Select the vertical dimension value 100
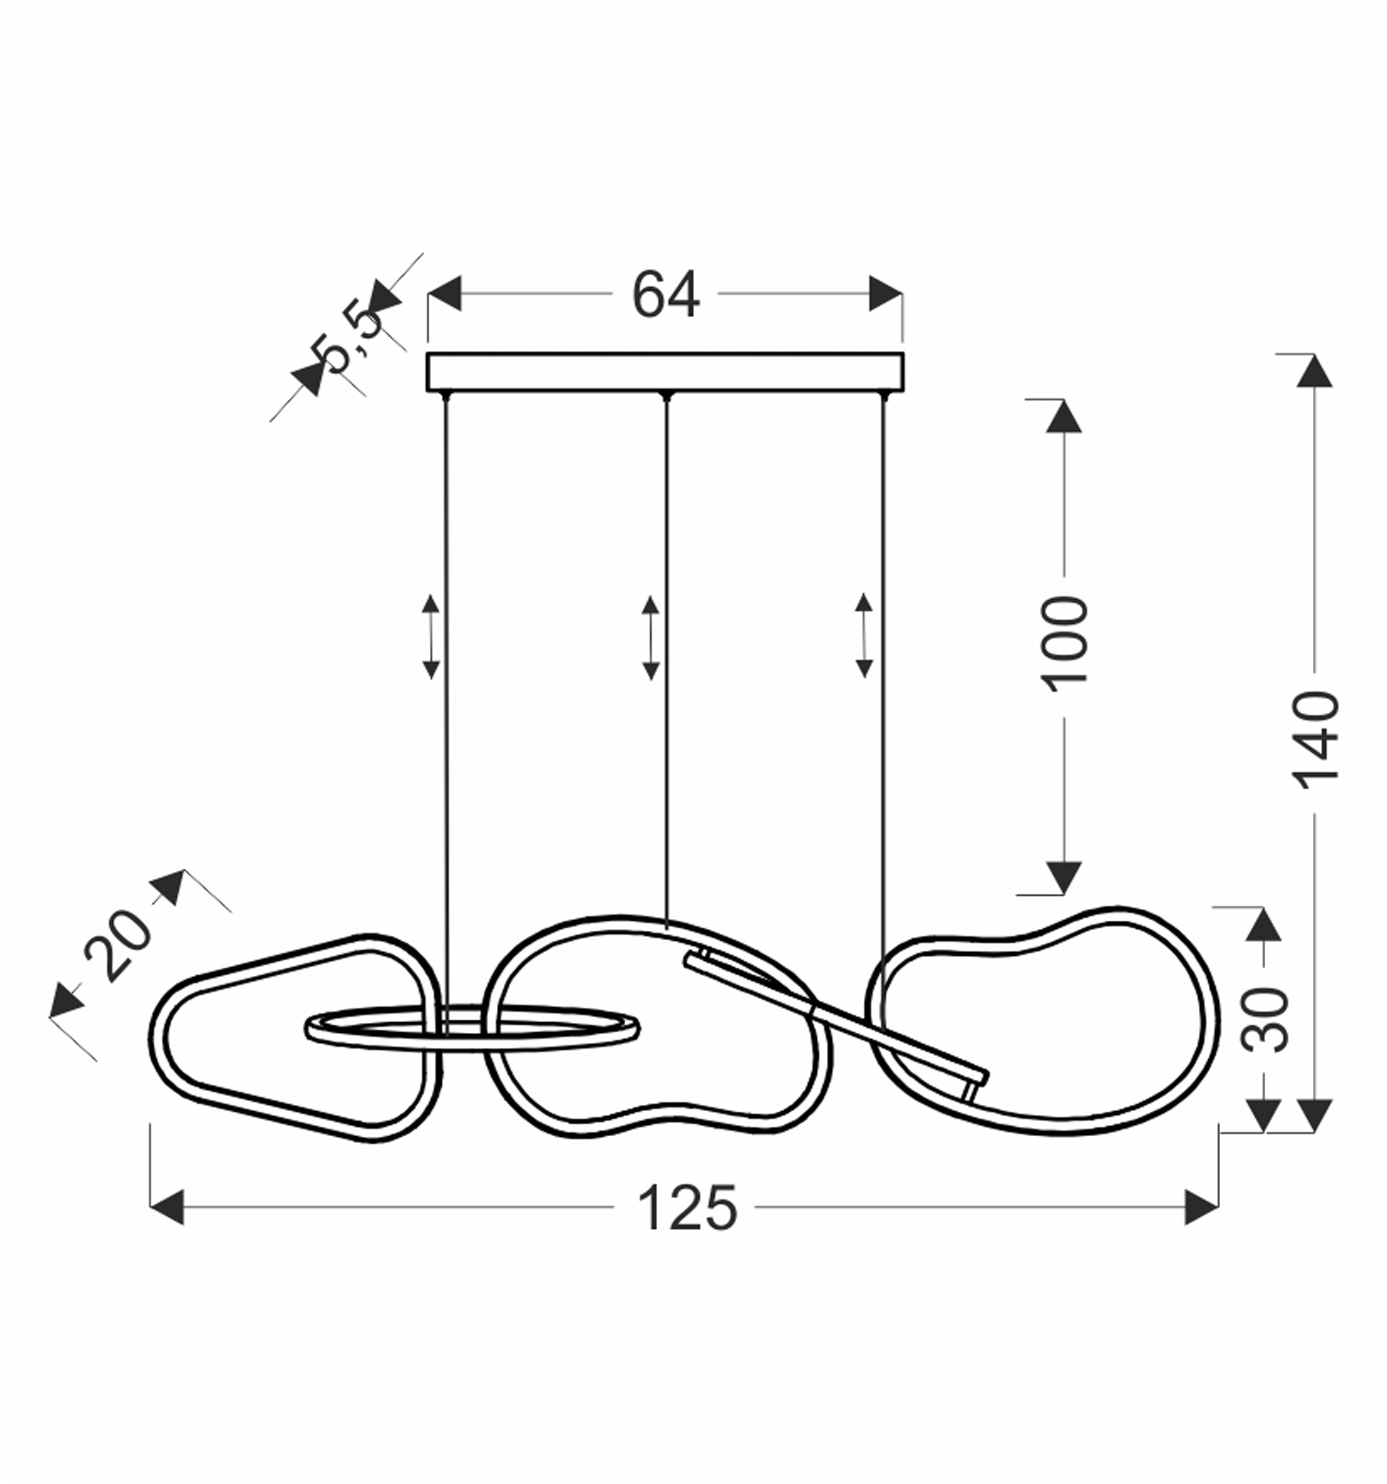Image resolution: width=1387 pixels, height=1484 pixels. [x=1065, y=643]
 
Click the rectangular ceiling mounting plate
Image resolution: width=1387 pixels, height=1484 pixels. [x=665, y=372]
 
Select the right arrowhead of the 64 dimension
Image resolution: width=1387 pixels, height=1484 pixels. [x=886, y=293]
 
